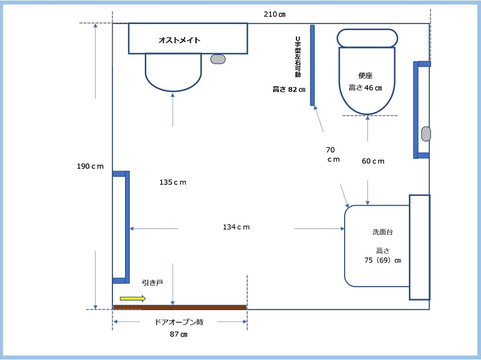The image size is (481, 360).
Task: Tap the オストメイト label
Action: [x=179, y=40]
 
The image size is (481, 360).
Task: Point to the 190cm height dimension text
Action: [x=91, y=166]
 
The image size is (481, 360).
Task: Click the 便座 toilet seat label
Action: [x=366, y=76]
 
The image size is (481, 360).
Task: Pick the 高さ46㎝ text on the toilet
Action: [x=365, y=88]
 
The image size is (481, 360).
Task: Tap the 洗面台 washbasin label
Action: [x=382, y=231]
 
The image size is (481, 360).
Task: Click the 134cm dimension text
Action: [x=236, y=227]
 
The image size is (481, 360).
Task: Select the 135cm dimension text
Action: [x=173, y=182]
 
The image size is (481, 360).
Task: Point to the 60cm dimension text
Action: [x=373, y=161]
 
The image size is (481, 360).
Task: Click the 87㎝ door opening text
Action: [x=179, y=335]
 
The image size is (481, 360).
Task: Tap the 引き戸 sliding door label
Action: [x=152, y=282]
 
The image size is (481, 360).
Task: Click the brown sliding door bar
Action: [x=180, y=307]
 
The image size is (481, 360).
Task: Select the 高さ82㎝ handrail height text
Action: [x=289, y=90]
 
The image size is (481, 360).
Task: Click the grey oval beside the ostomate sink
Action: [x=218, y=59]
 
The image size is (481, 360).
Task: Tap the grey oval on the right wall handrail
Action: [x=426, y=133]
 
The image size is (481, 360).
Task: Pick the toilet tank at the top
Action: [x=367, y=38]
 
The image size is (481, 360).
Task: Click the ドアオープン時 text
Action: [x=179, y=322]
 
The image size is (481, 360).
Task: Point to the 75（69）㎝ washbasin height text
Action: [x=378, y=261]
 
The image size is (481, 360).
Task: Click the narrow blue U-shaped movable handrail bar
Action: [x=313, y=65]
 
